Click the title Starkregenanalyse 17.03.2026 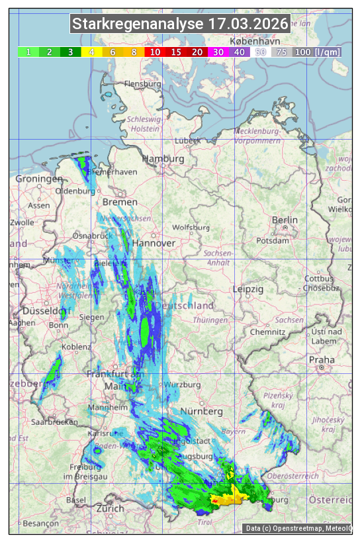(181, 24)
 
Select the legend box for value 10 (155, 52)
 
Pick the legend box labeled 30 (218, 52)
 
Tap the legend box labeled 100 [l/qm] (308, 52)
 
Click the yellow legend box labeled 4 (91, 52)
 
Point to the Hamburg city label (163, 159)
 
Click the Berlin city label (285, 220)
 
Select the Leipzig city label (248, 289)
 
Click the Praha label (322, 360)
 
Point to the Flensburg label (142, 85)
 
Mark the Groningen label (38, 179)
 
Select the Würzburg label (181, 385)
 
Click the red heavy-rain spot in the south (215, 502)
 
